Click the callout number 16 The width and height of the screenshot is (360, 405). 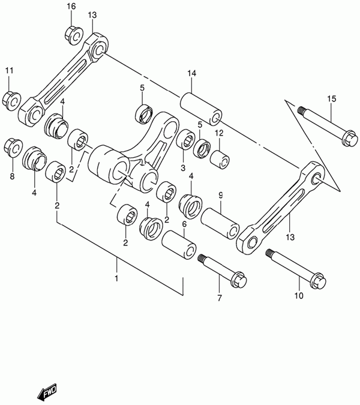coord(71,6)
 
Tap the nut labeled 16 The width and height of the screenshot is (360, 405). coord(73,35)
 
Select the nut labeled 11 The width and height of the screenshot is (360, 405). coord(11,100)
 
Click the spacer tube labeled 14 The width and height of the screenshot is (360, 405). coord(200,109)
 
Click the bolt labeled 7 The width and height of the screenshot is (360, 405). coord(222,271)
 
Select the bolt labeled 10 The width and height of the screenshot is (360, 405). coord(296,269)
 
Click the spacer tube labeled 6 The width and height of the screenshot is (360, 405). coord(178,245)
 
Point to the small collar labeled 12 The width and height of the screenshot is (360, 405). coord(220,160)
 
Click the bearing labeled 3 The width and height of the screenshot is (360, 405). coord(186,139)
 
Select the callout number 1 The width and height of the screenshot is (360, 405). coord(116,278)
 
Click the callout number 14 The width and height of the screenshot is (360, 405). coord(192,73)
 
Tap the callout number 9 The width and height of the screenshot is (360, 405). coord(221,195)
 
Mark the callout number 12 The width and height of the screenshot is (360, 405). coord(219,133)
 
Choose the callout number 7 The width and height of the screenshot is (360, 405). coord(219,298)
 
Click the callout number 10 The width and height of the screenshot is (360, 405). coord(299,296)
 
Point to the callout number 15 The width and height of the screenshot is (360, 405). coord(332,98)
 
